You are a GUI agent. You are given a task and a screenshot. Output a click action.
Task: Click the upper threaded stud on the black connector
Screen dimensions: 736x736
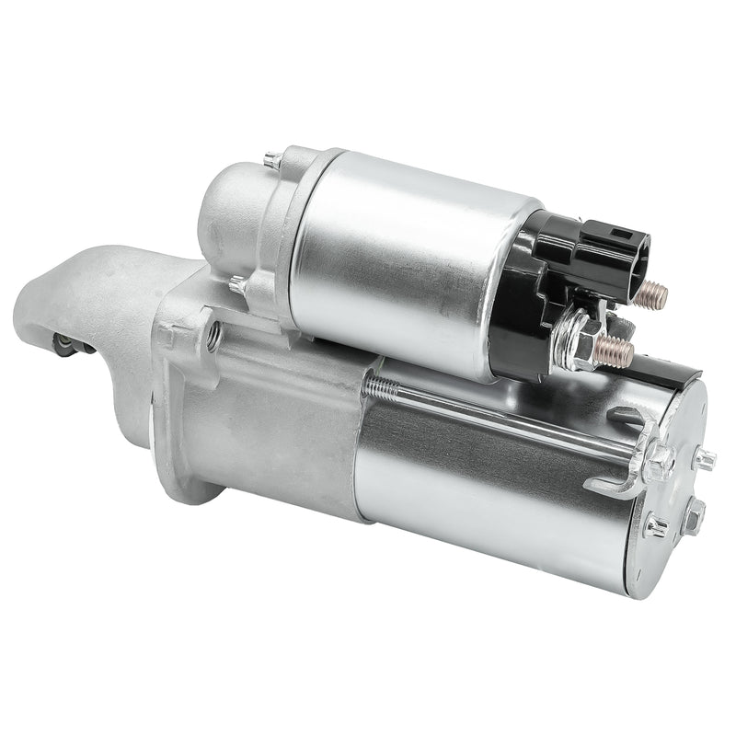[x=652, y=294]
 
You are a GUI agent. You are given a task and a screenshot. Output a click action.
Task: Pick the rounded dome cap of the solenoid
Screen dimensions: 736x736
[x=230, y=212]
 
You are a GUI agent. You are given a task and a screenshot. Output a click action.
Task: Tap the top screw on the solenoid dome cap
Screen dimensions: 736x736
[x=272, y=160]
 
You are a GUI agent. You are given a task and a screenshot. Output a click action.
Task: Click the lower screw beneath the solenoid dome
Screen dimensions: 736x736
[x=238, y=285]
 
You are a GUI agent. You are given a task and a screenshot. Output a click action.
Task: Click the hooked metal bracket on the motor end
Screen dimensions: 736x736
[x=626, y=460]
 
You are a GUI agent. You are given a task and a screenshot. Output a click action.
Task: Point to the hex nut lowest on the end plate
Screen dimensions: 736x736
[x=656, y=527]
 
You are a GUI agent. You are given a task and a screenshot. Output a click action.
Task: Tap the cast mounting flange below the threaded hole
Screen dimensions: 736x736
[x=184, y=432]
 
